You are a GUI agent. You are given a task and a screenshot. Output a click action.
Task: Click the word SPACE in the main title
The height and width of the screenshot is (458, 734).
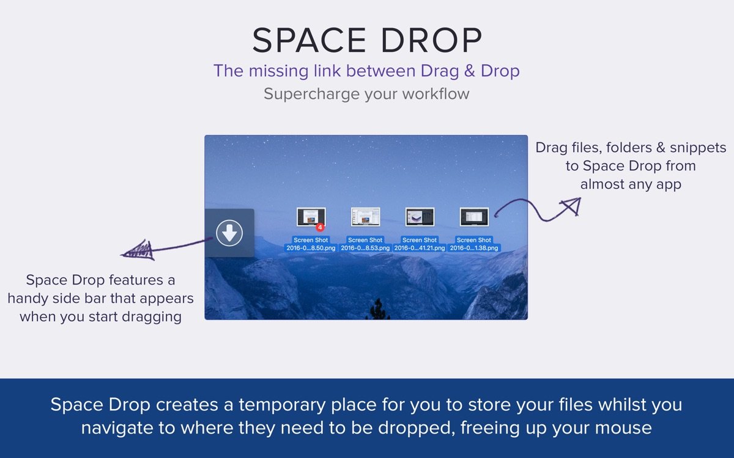pos(303,41)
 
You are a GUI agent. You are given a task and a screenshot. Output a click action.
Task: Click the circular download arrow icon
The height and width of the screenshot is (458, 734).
pos(229,233)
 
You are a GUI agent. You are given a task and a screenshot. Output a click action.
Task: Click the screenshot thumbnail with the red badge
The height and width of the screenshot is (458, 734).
pos(310,217)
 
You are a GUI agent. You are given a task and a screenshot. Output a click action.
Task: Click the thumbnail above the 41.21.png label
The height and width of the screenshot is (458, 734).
pos(420,217)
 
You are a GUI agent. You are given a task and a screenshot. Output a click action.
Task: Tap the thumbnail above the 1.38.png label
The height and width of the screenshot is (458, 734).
pos(474,217)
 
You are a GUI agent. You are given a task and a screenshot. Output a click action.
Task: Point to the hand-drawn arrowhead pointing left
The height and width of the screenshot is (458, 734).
pos(136,250)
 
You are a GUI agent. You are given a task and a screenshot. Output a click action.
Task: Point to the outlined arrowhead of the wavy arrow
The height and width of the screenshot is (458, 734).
pos(569,206)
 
